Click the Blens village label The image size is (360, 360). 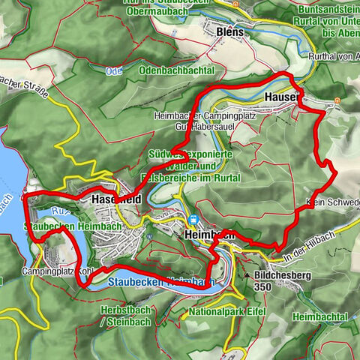pyautogui.click(x=230, y=34)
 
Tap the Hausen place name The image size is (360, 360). pyautogui.click(x=282, y=97)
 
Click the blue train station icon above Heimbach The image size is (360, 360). pyautogui.click(x=194, y=220)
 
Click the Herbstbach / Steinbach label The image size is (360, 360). pyautogui.click(x=125, y=316)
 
